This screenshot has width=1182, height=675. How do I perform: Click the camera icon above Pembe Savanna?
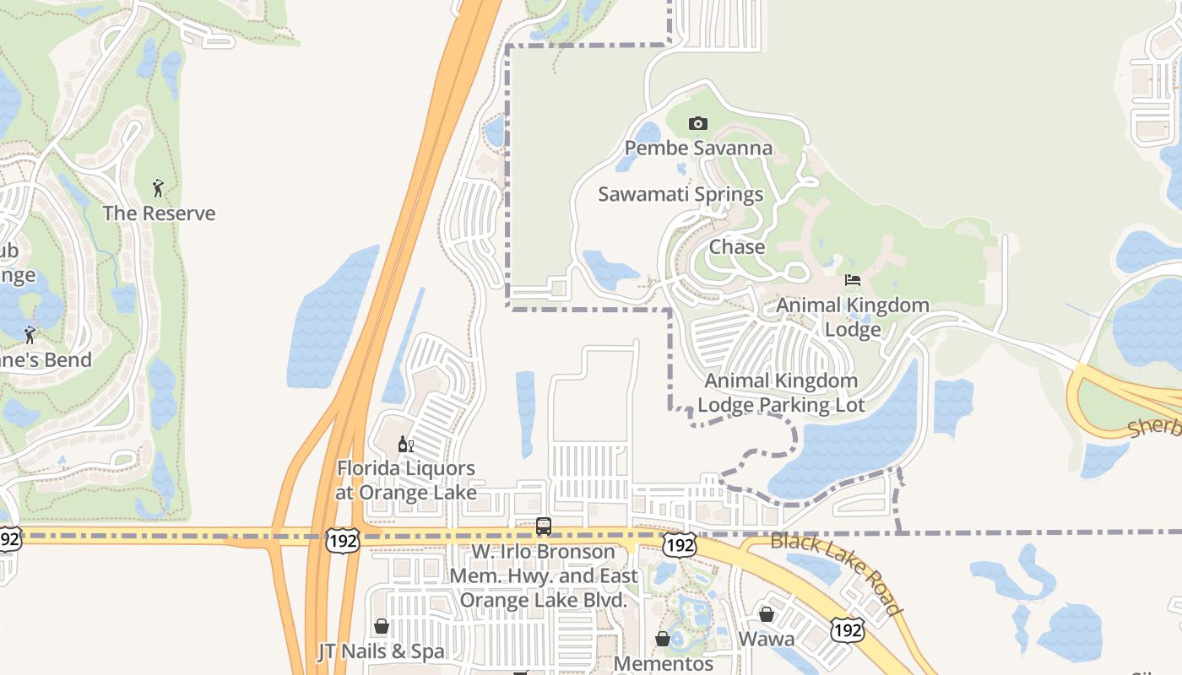pos(697,124)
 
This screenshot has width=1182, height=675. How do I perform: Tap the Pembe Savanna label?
pos(698,148)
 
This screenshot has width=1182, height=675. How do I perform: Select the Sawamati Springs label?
pos(680,194)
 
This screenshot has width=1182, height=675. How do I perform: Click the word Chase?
pos(737,247)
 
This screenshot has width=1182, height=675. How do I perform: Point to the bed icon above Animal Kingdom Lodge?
pos(853,280)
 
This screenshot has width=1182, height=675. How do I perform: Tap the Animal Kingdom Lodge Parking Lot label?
pos(781,393)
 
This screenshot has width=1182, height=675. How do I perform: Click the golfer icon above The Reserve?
pos(158,187)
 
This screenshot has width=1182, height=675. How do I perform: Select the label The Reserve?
pos(159,213)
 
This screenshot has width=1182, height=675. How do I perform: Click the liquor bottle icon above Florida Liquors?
pos(406,444)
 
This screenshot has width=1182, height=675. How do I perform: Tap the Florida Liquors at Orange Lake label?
pos(406,480)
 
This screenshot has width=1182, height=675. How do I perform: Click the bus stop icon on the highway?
pos(544,526)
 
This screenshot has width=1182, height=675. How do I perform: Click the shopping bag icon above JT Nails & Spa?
pos(382,626)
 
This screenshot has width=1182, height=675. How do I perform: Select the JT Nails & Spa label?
pos(381,652)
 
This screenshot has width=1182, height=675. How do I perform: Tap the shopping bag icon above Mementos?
pos(663,639)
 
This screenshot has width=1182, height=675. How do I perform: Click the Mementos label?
pos(664,663)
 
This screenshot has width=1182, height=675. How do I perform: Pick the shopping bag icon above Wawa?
pos(767,614)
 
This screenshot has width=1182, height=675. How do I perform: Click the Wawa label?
pos(767,639)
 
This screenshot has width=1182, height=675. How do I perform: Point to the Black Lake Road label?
pos(838,574)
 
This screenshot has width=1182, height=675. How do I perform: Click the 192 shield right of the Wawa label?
pos(846,629)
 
